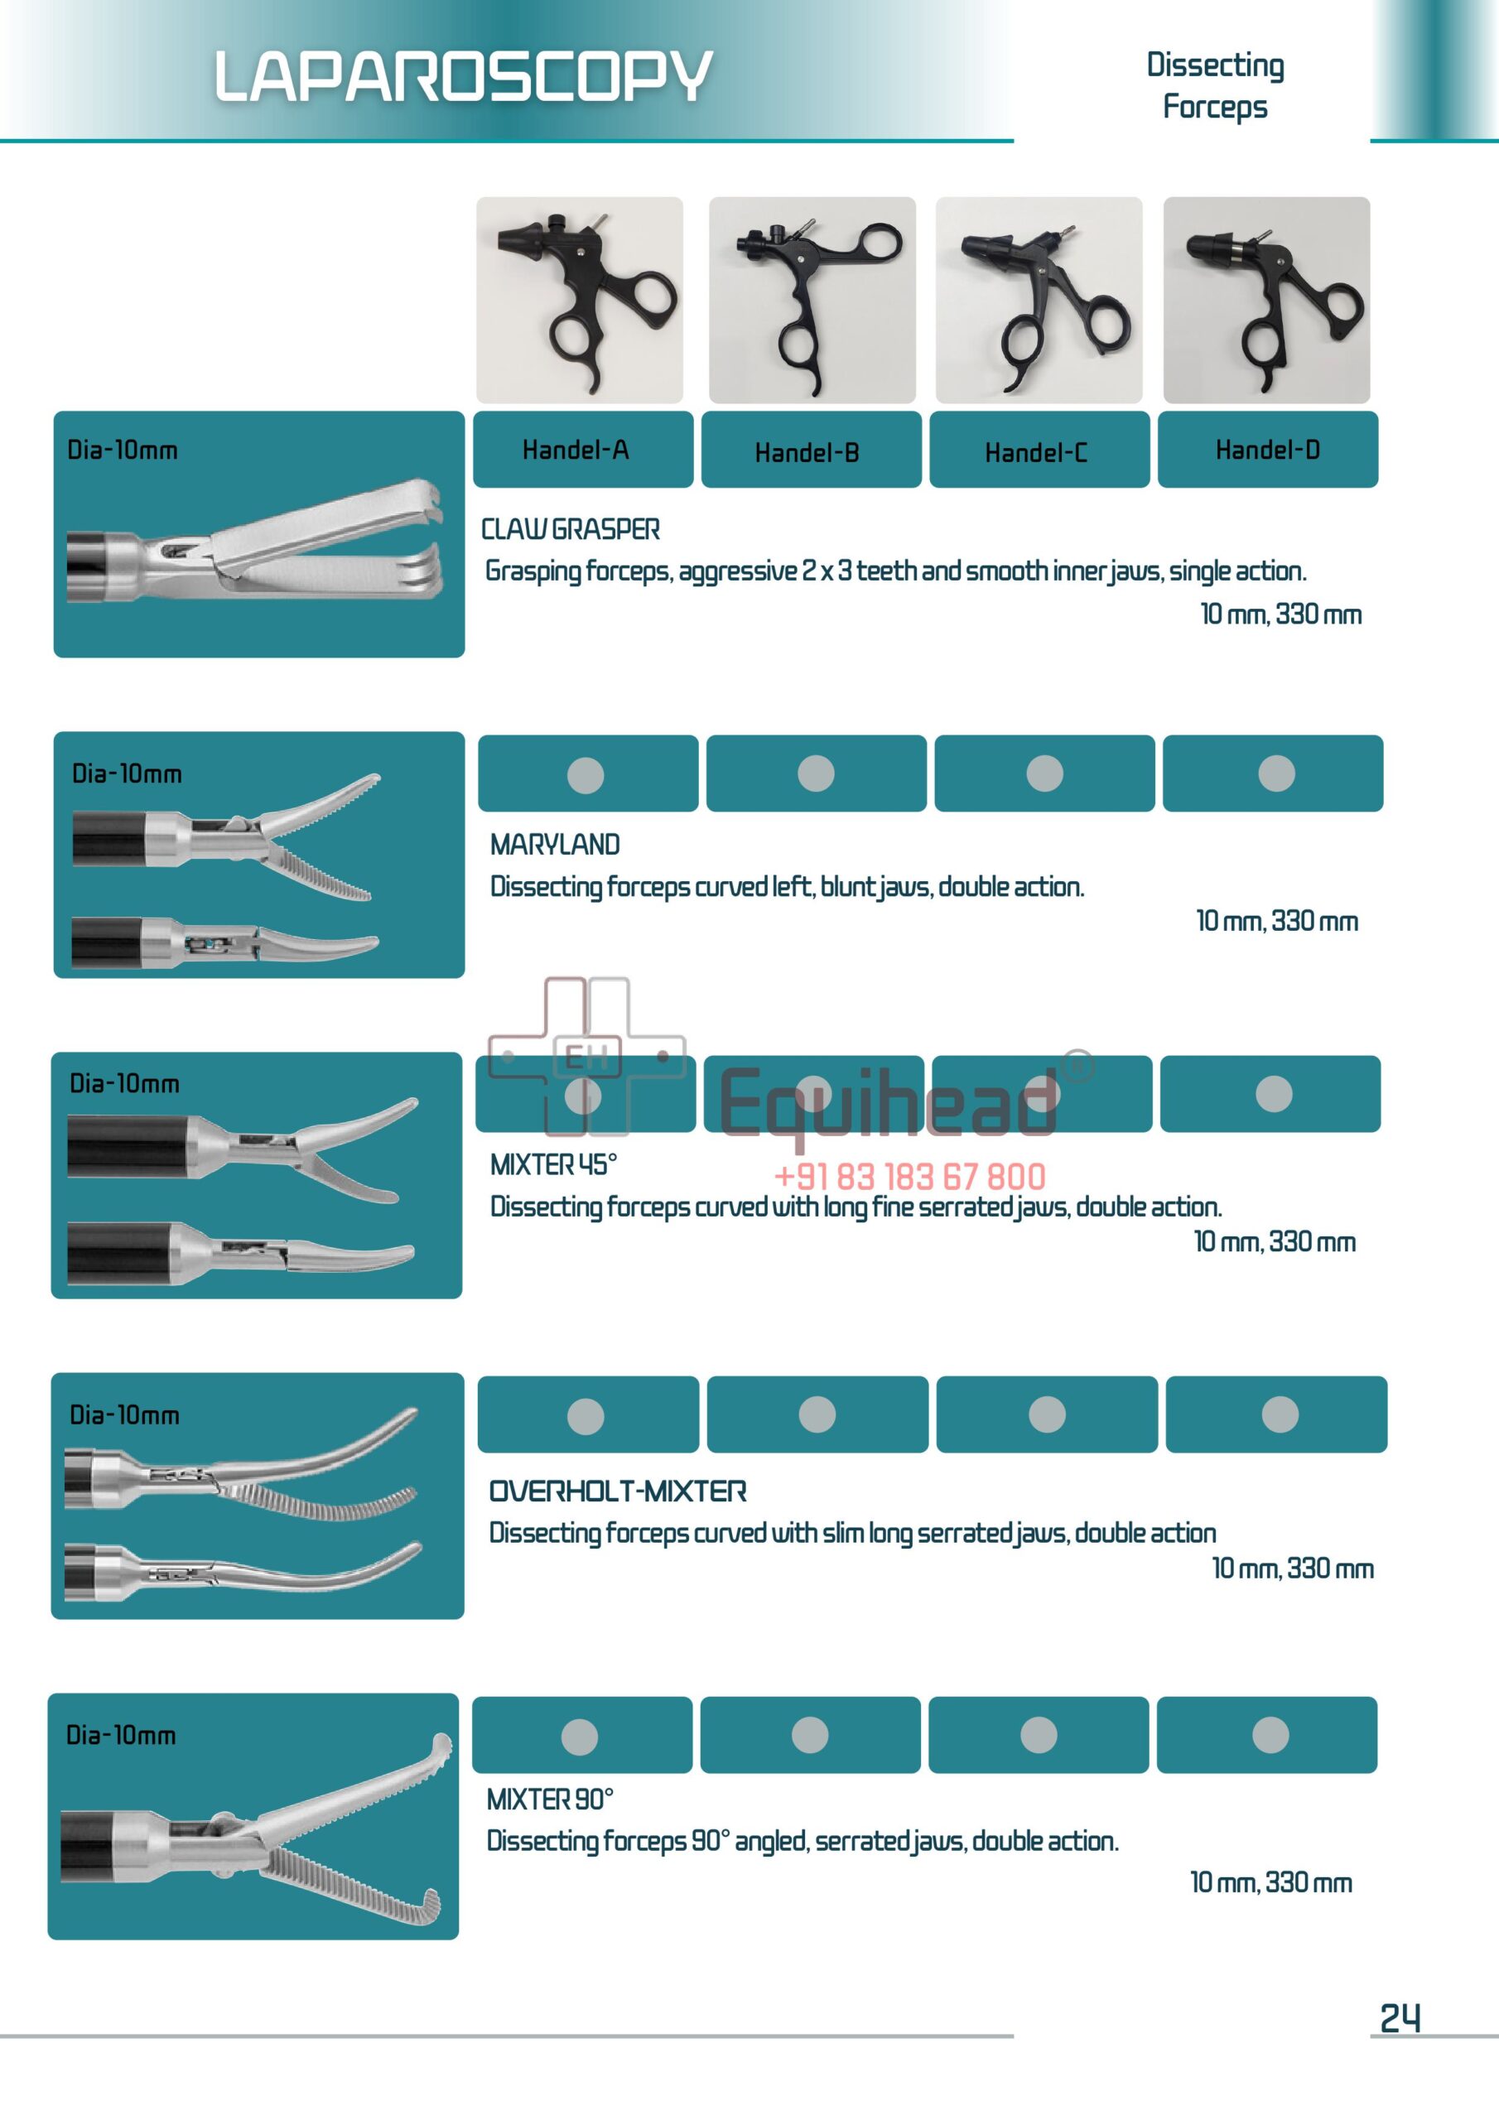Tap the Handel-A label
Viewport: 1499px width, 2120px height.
pyautogui.click(x=576, y=450)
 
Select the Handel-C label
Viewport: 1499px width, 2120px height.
pyautogui.click(x=1035, y=452)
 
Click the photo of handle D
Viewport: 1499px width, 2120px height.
pyautogui.click(x=1266, y=300)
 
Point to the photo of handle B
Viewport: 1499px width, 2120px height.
pyautogui.click(x=812, y=300)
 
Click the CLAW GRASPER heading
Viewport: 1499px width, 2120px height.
pyautogui.click(x=570, y=529)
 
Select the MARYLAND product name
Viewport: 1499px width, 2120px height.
pyautogui.click(x=554, y=844)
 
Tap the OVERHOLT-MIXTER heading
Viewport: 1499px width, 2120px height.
pyautogui.click(x=617, y=1491)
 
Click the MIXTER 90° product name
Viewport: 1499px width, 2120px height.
pyautogui.click(x=550, y=1799)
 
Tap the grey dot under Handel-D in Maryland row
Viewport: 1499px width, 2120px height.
pyautogui.click(x=1276, y=773)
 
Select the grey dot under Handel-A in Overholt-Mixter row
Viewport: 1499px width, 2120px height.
pyautogui.click(x=586, y=1415)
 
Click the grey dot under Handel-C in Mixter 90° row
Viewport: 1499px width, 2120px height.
pyautogui.click(x=1039, y=1734)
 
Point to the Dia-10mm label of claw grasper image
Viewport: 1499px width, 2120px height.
pyautogui.click(x=122, y=450)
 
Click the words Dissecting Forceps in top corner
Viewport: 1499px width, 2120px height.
pyautogui.click(x=1215, y=85)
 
